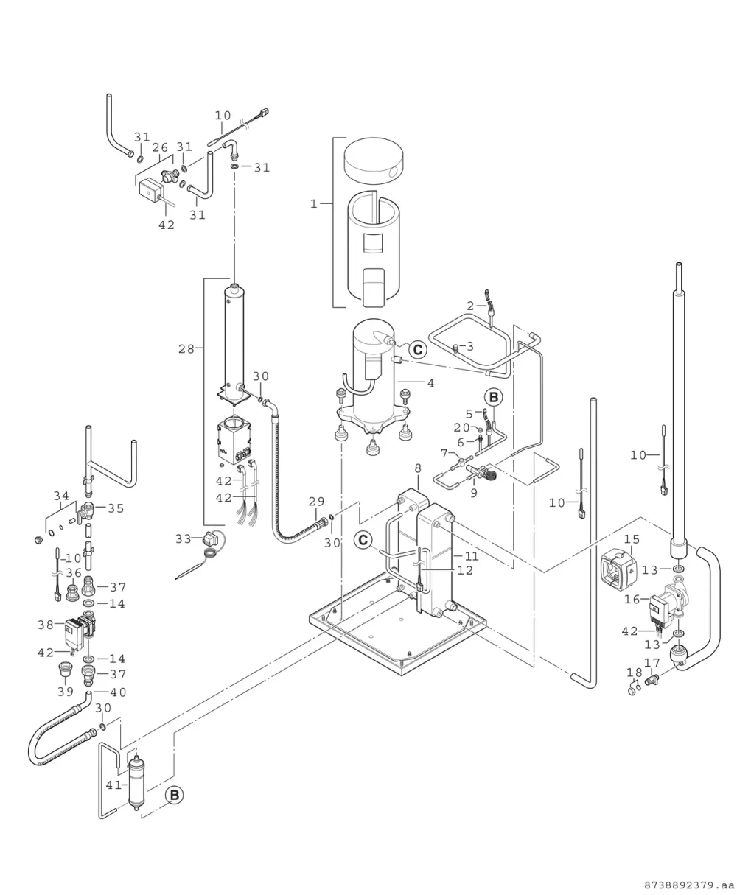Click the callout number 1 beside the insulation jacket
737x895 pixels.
314,204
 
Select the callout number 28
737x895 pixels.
186,349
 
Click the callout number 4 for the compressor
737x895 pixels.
430,383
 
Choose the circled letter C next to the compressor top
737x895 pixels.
418,350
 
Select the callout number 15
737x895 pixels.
632,539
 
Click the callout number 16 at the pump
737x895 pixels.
632,599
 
